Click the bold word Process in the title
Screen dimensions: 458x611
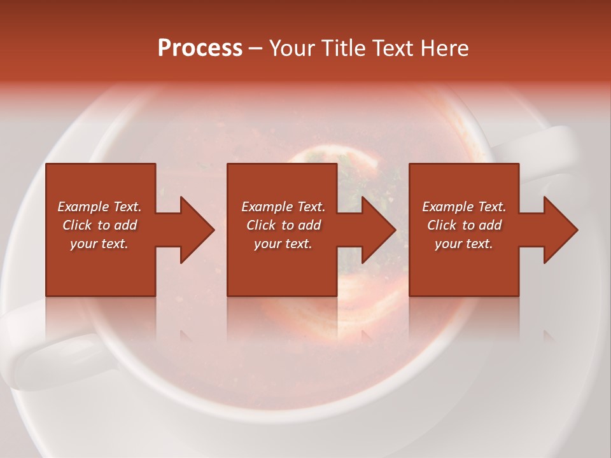pos(200,48)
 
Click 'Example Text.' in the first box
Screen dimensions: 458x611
pos(99,207)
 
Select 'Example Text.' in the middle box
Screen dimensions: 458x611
pos(283,207)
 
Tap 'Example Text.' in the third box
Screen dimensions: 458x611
pos(464,207)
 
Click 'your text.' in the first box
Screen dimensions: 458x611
pos(99,244)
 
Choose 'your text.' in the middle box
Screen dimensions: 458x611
pos(283,244)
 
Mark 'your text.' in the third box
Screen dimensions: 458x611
pos(464,244)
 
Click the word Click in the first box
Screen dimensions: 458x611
pos(77,225)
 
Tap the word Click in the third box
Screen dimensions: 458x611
pos(442,225)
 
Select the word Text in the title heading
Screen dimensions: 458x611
pos(392,48)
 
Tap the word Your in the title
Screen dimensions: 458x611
pos(292,48)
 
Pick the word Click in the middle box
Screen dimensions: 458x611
pos(261,225)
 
